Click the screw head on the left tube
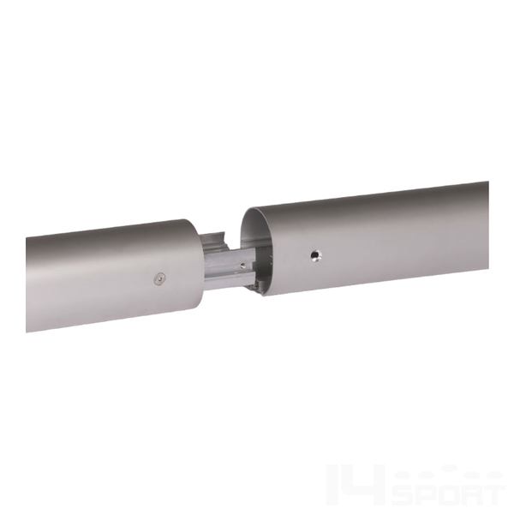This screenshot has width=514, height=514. click(159, 279)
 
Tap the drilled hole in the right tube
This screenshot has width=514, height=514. click(316, 254)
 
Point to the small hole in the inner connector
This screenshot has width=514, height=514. click(242, 266)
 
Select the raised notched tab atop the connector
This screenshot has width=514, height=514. click(213, 242)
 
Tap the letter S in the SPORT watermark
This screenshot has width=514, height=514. click(405, 497)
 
